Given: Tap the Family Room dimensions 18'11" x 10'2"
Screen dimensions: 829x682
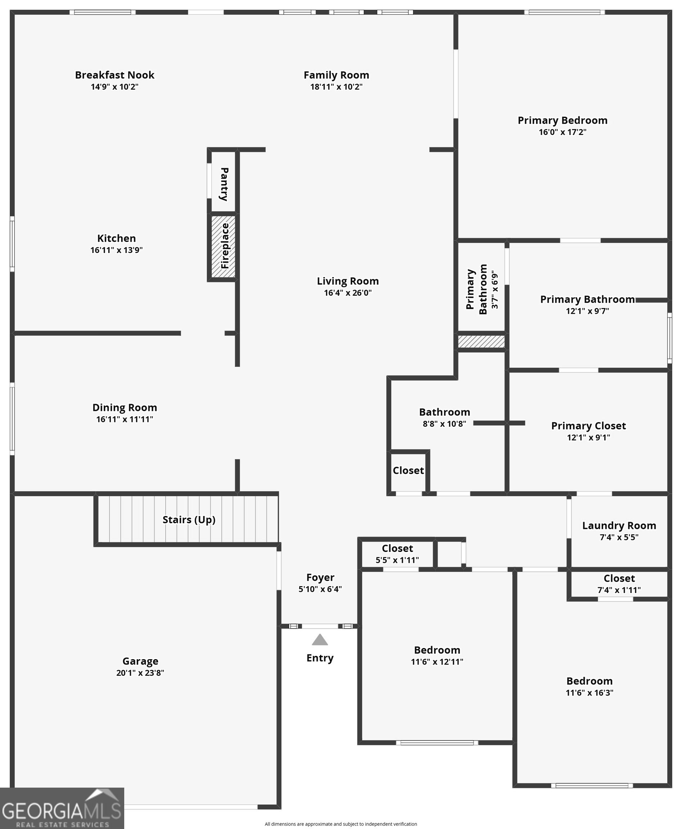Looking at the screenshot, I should [336, 87].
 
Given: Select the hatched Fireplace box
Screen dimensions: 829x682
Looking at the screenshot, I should [224, 246].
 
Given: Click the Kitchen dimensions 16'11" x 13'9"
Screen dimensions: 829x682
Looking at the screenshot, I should [116, 250].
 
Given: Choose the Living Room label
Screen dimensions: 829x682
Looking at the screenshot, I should [348, 281].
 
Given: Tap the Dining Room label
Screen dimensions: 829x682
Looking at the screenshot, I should [125, 407].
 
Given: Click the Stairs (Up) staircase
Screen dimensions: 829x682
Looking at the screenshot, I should [189, 520].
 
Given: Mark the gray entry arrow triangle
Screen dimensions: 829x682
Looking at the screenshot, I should [320, 640].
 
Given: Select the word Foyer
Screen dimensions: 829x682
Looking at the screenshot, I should [320, 577].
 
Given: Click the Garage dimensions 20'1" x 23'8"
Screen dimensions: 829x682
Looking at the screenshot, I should [140, 673].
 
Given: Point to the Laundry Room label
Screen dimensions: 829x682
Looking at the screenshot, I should [619, 526].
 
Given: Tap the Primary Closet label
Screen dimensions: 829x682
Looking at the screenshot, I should [588, 426].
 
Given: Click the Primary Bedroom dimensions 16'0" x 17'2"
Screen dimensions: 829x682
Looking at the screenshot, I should [562, 132].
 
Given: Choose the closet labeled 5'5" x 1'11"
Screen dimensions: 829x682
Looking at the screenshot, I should [397, 554].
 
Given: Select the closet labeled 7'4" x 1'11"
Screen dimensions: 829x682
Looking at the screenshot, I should [619, 584].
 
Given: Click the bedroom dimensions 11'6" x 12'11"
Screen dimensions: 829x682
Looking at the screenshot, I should [437, 662].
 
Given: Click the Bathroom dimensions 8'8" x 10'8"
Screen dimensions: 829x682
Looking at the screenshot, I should [444, 424].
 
